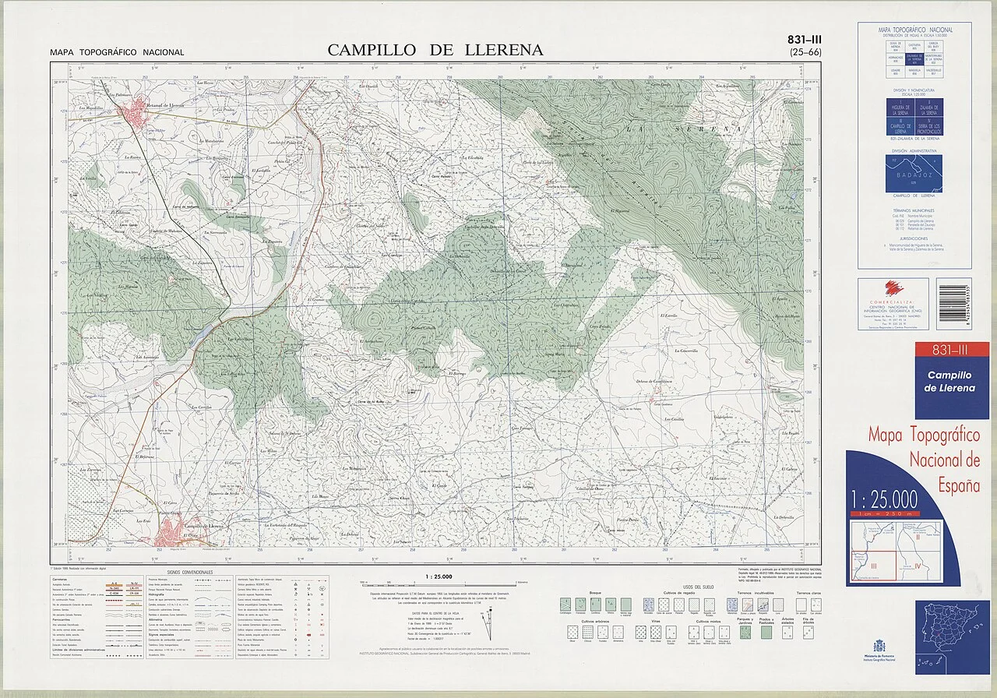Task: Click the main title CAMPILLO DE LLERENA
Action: (x=435, y=50)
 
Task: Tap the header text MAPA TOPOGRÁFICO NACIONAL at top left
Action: (x=117, y=53)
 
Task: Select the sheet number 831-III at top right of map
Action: (x=805, y=39)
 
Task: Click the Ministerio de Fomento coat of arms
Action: (x=879, y=644)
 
